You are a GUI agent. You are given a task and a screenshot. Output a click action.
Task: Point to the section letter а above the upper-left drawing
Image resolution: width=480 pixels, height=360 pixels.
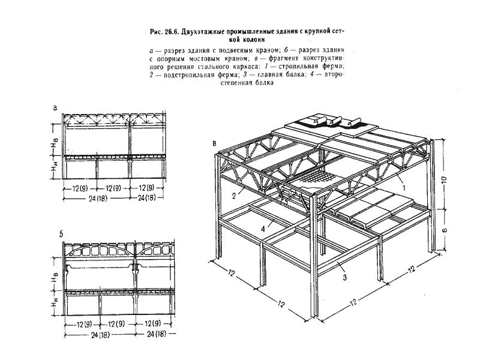click(55, 108)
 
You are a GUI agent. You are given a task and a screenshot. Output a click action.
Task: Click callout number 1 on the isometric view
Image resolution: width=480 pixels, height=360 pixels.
click(403, 188)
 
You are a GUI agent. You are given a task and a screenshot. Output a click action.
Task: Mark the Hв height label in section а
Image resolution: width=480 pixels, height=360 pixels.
click(55, 144)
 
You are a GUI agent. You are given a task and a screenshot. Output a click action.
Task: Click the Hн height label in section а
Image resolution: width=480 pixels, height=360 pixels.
click(55, 168)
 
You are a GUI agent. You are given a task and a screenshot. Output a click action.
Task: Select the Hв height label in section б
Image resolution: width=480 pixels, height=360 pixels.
click(55, 279)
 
